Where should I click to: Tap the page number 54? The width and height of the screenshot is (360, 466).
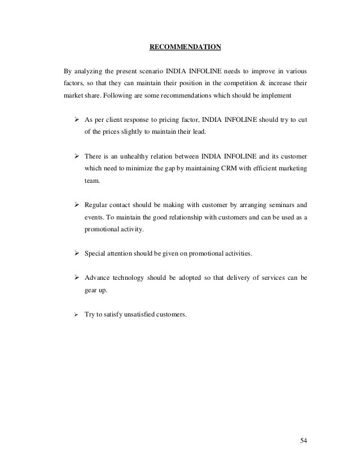[x=305, y=439]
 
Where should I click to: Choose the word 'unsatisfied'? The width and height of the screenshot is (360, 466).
[x=139, y=315]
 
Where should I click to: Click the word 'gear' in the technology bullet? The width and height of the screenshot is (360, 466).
[x=91, y=291]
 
